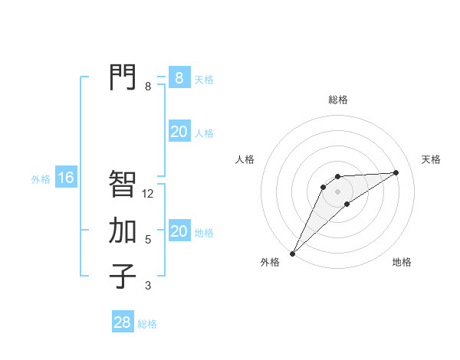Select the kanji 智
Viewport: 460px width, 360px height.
[123, 184]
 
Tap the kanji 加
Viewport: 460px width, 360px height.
[123, 230]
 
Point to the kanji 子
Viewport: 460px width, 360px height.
[123, 276]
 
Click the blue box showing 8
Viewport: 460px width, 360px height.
[179, 77]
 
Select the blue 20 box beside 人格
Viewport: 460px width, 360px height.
[179, 132]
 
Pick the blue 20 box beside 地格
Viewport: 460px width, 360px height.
[179, 231]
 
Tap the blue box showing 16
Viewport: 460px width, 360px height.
[66, 178]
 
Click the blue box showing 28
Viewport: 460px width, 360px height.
[122, 322]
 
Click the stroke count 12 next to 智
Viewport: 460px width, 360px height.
[148, 194]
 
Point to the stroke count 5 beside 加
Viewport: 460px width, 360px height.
[148, 240]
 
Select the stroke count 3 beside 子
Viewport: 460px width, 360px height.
[148, 286]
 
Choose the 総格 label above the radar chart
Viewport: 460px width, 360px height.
[337, 100]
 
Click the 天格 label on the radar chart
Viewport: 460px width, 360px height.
[432, 159]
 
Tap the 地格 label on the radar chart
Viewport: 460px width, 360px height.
[402, 262]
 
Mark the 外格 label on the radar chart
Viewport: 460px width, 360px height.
[270, 262]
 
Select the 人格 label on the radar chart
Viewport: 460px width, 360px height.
[245, 159]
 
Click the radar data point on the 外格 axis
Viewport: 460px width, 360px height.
[292, 254]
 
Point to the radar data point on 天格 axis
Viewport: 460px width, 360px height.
[396, 172]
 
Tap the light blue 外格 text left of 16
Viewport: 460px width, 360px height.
[41, 179]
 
